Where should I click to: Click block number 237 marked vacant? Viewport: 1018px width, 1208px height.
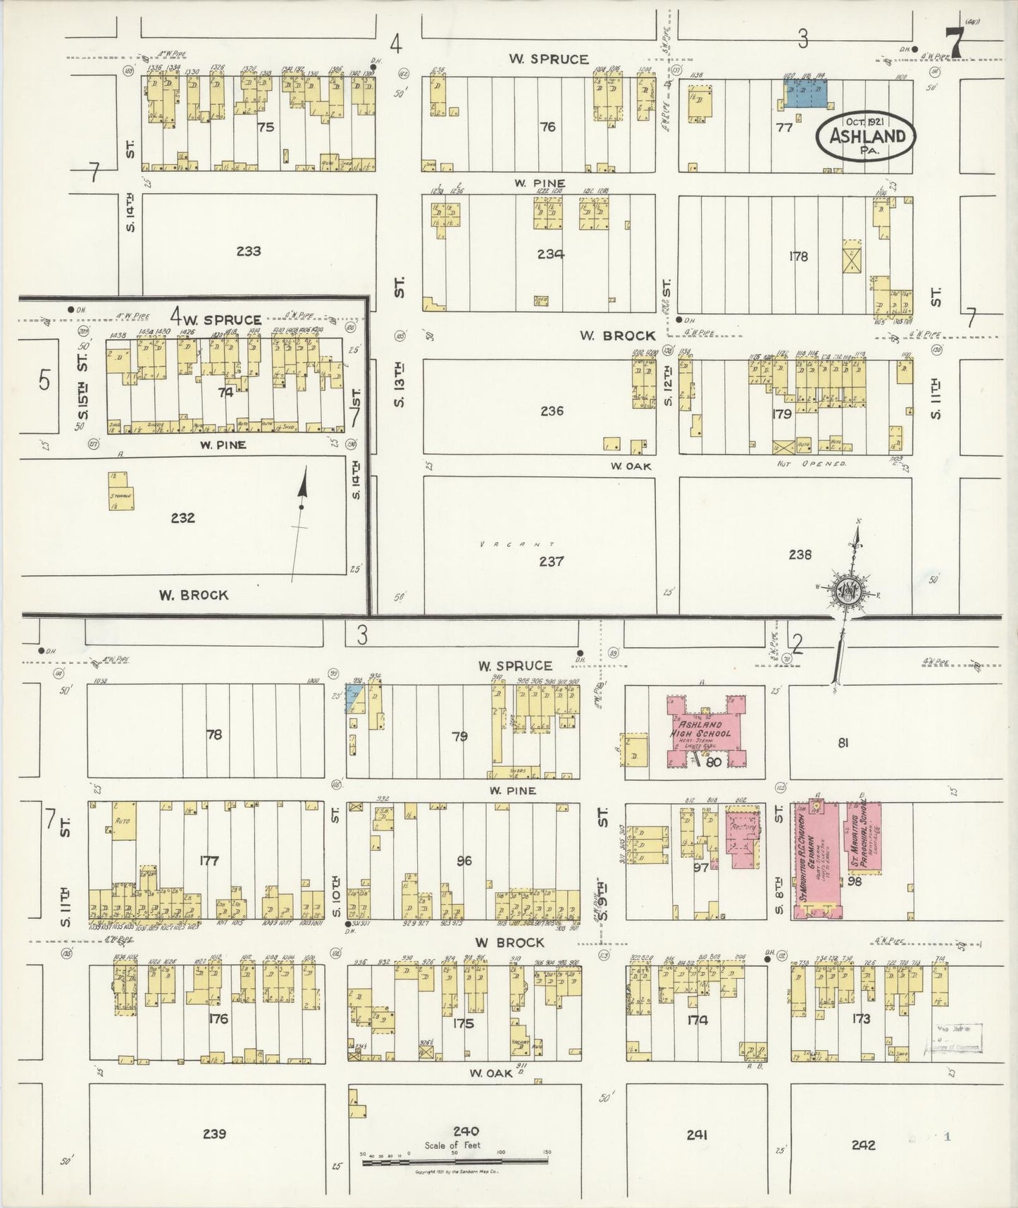(551, 561)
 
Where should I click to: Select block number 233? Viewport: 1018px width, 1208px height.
(249, 251)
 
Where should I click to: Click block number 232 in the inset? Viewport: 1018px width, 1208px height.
(182, 518)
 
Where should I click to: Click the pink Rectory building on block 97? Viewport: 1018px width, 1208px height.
(743, 839)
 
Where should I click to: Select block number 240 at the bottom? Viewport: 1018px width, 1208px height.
(466, 1132)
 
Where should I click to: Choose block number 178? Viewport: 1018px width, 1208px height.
(798, 257)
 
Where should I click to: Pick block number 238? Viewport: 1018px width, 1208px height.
(800, 555)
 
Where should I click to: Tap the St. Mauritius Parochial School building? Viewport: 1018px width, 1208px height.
(864, 837)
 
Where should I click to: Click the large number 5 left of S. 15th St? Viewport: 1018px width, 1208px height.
(44, 381)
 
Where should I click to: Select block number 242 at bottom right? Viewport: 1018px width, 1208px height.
(863, 1145)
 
